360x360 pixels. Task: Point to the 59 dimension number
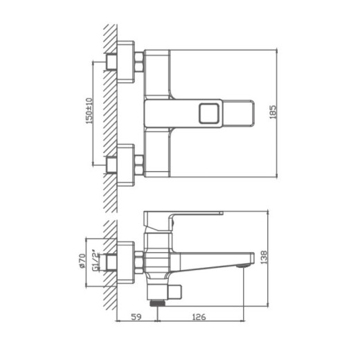(136, 319)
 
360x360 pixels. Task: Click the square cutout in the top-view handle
(207, 112)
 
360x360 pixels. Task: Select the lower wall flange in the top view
(125, 164)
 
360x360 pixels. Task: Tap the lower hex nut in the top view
(138, 164)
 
